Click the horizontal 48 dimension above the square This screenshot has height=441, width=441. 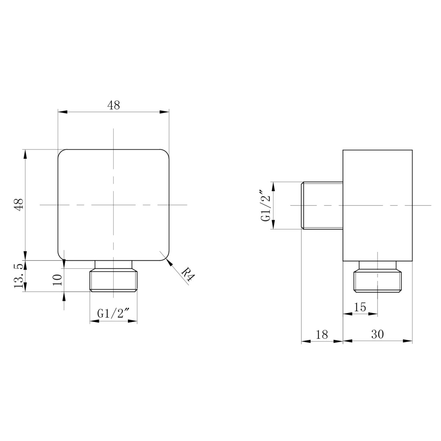click(114, 105)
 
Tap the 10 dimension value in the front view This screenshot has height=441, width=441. click(57, 280)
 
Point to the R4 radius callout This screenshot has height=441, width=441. click(188, 274)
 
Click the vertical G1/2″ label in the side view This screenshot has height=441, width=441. click(266, 205)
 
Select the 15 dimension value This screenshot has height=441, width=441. click(360, 307)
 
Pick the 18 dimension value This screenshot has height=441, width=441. click(322, 334)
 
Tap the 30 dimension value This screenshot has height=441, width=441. click(377, 334)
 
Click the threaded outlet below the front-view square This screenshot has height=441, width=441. click(114, 281)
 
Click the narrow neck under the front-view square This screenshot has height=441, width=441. click(114, 265)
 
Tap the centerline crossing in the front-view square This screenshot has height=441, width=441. click(114, 205)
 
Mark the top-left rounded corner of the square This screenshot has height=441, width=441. click(61, 152)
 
